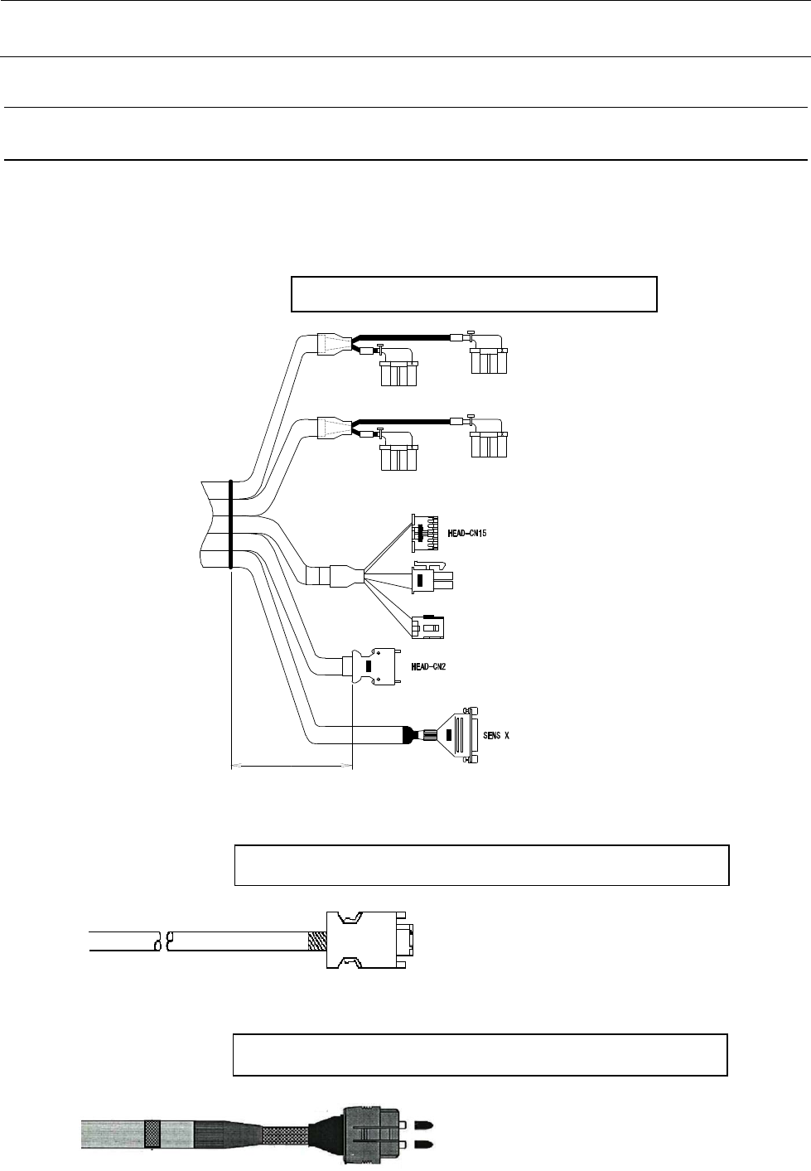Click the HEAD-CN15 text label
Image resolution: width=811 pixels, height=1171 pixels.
click(461, 533)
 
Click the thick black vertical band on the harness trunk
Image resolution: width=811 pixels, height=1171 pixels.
click(229, 524)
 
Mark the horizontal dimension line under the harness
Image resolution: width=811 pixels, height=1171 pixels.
click(291, 767)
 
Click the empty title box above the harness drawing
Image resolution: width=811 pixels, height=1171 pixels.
click(474, 294)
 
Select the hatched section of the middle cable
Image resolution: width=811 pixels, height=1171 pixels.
click(317, 941)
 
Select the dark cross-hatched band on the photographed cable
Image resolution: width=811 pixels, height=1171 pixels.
click(152, 1134)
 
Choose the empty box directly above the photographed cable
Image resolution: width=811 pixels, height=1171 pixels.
click(480, 1054)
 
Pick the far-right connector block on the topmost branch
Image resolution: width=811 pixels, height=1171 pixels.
click(488, 360)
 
